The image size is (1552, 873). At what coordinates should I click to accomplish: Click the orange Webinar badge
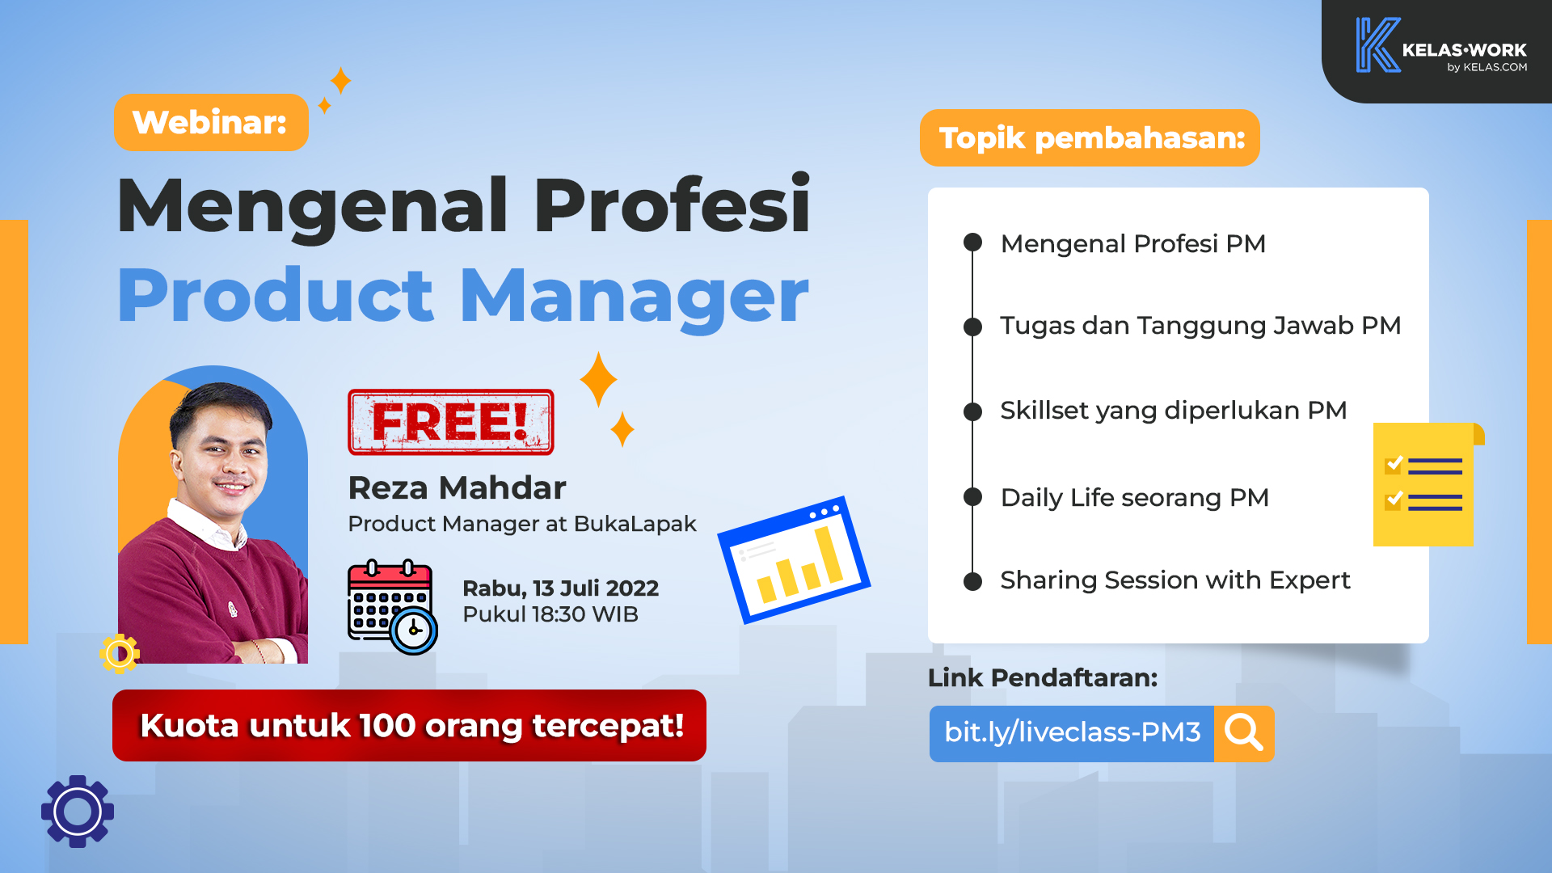pyautogui.click(x=211, y=122)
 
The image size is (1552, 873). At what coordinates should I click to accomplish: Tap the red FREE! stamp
pyautogui.click(x=450, y=422)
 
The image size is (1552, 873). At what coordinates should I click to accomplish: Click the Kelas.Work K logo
pyautogui.click(x=1377, y=45)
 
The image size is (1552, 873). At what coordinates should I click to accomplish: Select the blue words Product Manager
pyautogui.click(x=463, y=296)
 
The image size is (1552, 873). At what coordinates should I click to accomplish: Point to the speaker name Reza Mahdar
pyautogui.click(x=457, y=487)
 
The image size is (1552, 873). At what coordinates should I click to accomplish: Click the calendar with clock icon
pyautogui.click(x=393, y=606)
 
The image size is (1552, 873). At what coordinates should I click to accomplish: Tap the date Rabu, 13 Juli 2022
pyautogui.click(x=560, y=588)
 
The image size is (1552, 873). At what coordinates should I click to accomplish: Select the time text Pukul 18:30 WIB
pyautogui.click(x=550, y=614)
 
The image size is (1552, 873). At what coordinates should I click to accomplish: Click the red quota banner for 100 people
pyautogui.click(x=409, y=725)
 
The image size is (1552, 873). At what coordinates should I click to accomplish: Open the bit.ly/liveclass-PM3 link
pyautogui.click(x=1072, y=733)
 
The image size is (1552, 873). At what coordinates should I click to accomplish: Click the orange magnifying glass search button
pyautogui.click(x=1244, y=733)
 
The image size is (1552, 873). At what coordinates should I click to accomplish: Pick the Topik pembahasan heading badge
pyautogui.click(x=1090, y=138)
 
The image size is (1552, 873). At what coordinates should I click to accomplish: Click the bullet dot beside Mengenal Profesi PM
pyautogui.click(x=972, y=242)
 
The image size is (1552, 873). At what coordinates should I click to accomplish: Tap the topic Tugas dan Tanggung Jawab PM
pyautogui.click(x=1200, y=325)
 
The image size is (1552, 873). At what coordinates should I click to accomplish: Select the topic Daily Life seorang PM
pyautogui.click(x=1135, y=497)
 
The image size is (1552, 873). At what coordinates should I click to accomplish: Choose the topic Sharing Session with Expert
pyautogui.click(x=1175, y=580)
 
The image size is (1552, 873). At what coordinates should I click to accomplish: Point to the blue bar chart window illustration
pyautogui.click(x=794, y=559)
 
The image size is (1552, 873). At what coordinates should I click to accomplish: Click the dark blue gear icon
pyautogui.click(x=78, y=812)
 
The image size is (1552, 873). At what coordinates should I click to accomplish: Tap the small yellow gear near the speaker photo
pyautogui.click(x=120, y=653)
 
